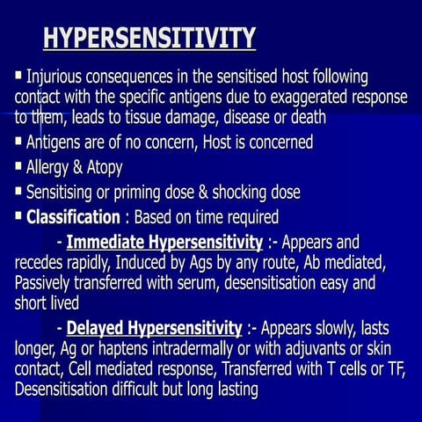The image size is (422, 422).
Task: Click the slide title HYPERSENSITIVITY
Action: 150,39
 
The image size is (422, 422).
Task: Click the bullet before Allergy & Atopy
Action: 18,164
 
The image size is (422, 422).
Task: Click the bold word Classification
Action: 72,216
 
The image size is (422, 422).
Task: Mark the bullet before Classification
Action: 18,215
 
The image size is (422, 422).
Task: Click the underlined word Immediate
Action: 108,242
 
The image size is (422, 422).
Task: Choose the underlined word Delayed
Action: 97,329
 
